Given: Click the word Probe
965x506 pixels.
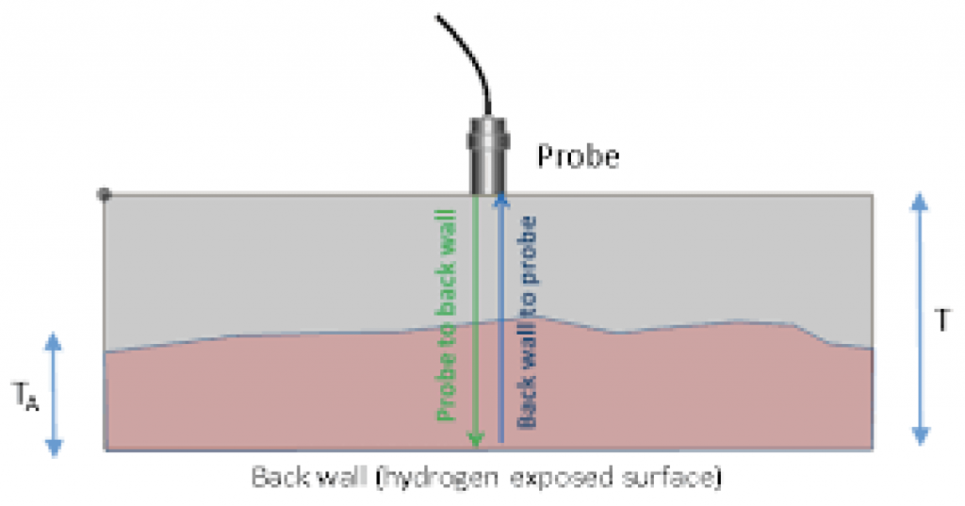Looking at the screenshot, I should tap(579, 156).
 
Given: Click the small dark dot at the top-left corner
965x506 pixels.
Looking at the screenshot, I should tap(105, 194).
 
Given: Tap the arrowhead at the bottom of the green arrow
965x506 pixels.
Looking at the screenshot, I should tap(475, 439).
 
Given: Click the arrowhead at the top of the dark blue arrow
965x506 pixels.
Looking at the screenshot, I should tap(501, 198).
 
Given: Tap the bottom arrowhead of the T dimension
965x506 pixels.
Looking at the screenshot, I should tap(921, 436).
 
